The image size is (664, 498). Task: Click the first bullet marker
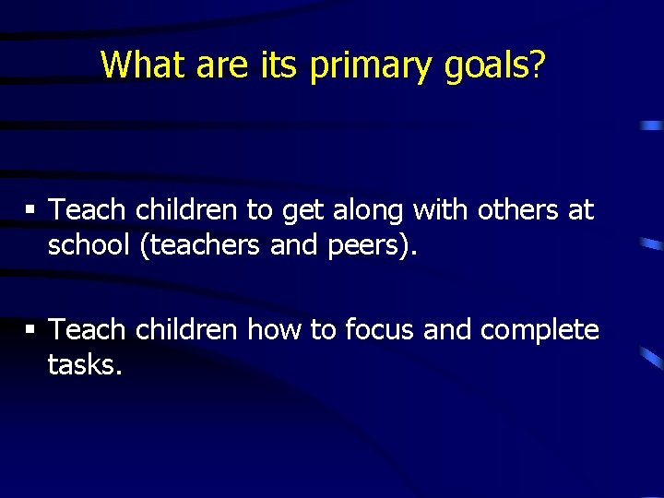30,210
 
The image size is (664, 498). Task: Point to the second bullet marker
30,329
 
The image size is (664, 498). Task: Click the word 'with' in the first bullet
442,210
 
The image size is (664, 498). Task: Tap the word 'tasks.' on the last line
85,365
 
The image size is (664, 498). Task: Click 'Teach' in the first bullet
87,210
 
